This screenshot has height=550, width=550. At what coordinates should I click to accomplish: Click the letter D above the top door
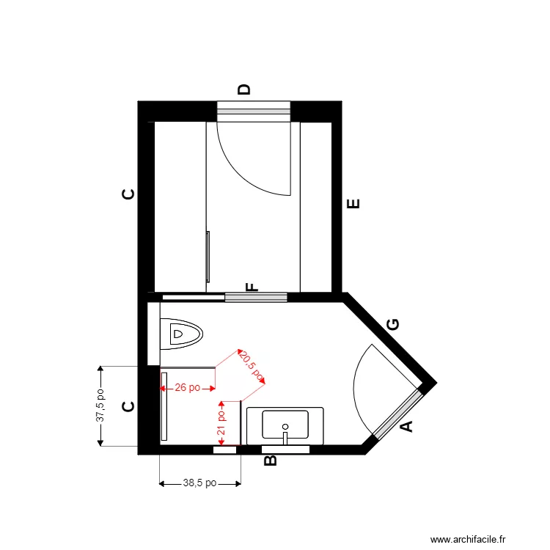coord(245,90)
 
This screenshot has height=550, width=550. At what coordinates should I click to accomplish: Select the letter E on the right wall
coord(354,204)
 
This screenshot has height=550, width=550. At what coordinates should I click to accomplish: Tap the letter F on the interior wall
coord(252,287)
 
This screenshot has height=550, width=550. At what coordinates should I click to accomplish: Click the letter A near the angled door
coord(406,426)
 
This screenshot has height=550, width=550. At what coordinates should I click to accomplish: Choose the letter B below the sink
coord(269,461)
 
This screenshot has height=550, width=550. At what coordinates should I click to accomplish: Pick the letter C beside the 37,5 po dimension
coord(128,407)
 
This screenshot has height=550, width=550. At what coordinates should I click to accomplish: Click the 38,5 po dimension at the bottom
coord(199,483)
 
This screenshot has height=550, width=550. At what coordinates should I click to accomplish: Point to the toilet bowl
coord(183,334)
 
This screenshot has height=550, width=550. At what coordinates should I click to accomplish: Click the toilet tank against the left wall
coord(153,334)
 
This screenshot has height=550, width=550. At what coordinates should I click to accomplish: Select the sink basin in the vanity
coord(285,423)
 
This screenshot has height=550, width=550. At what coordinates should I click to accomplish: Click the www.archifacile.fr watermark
coord(468,539)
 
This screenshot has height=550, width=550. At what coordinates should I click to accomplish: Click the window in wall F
coord(255,297)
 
